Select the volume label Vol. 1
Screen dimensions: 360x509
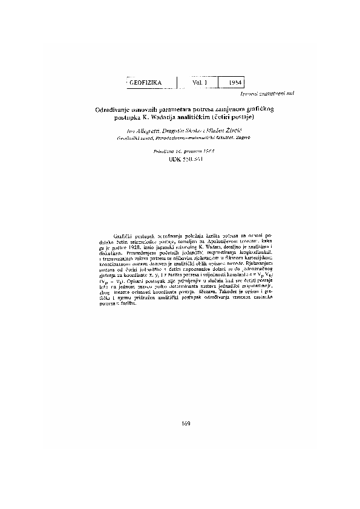point(200,82)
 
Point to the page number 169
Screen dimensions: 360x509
point(185,423)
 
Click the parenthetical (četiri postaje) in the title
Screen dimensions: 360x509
point(241,117)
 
